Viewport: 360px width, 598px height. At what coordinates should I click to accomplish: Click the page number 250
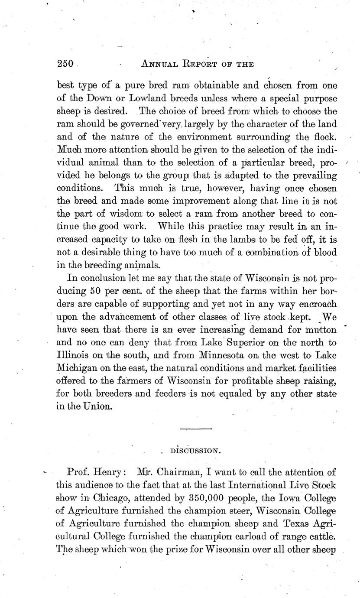pos(66,63)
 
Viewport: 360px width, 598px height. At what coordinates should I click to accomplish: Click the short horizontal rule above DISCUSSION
pos(196,429)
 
